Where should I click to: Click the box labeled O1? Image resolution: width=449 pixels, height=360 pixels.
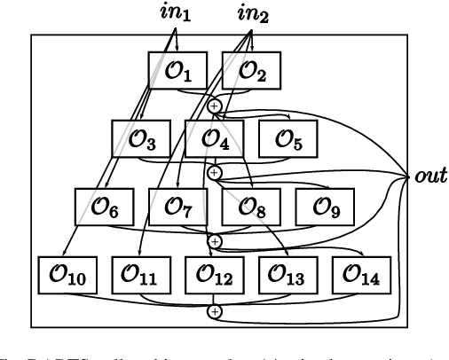pos(171,70)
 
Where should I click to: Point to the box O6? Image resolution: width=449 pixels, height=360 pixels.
pos(99,207)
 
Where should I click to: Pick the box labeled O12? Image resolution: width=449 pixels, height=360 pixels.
pos(213,275)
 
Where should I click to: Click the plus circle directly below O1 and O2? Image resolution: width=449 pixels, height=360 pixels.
pos(214,106)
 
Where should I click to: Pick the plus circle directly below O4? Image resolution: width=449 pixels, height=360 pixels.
pos(214,172)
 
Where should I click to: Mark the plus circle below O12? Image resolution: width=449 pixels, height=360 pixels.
pos(214,310)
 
